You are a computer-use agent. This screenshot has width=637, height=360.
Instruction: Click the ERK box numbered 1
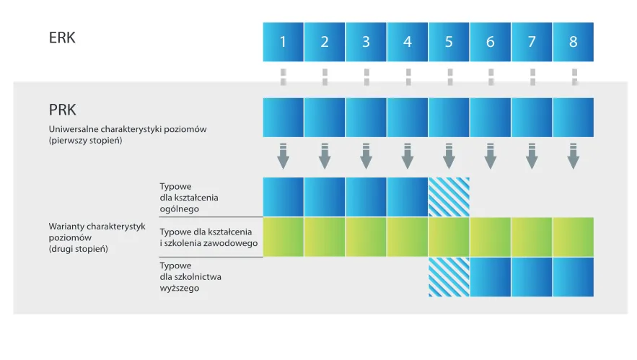point(283,42)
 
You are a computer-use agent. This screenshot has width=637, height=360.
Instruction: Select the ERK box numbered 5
point(449,42)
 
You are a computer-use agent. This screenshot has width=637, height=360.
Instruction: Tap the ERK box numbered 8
point(574,42)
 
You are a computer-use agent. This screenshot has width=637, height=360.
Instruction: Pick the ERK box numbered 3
point(366,42)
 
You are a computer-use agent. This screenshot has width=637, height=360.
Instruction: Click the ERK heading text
point(61,38)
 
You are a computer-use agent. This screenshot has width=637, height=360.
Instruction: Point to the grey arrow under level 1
point(283,156)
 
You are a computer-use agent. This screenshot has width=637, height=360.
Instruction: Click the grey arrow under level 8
point(574,156)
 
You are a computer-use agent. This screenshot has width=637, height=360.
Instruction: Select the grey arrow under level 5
point(449,156)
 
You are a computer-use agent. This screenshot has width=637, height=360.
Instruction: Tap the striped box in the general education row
point(449,197)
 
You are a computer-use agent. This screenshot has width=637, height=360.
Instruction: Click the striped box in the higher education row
point(449,277)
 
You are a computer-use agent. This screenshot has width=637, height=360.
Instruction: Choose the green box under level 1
point(283,237)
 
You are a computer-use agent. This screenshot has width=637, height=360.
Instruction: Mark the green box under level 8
point(574,237)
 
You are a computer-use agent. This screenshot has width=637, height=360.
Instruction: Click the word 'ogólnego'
point(180,209)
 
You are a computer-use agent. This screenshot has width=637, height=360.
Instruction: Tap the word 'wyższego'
point(179,288)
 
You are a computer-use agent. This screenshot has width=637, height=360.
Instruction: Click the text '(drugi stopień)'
point(79,249)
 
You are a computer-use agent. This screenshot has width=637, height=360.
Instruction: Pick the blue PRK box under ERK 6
point(491,118)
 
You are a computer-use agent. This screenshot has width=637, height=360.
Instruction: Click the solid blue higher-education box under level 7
point(532,277)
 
